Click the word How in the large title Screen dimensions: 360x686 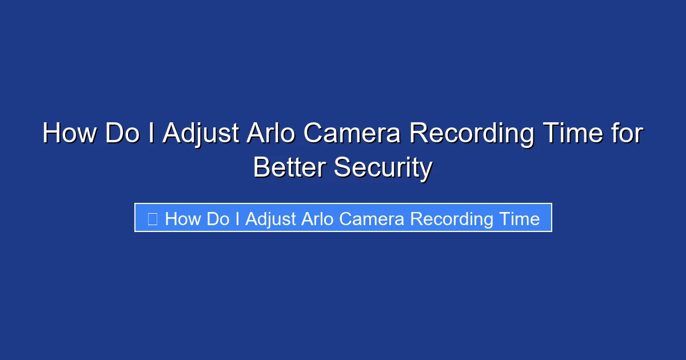(69, 134)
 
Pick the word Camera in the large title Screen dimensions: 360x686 (352, 134)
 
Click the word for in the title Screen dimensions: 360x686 (628, 134)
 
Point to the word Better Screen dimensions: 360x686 (289, 168)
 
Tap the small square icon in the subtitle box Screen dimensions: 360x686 (152, 218)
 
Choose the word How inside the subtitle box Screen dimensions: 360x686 (182, 219)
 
